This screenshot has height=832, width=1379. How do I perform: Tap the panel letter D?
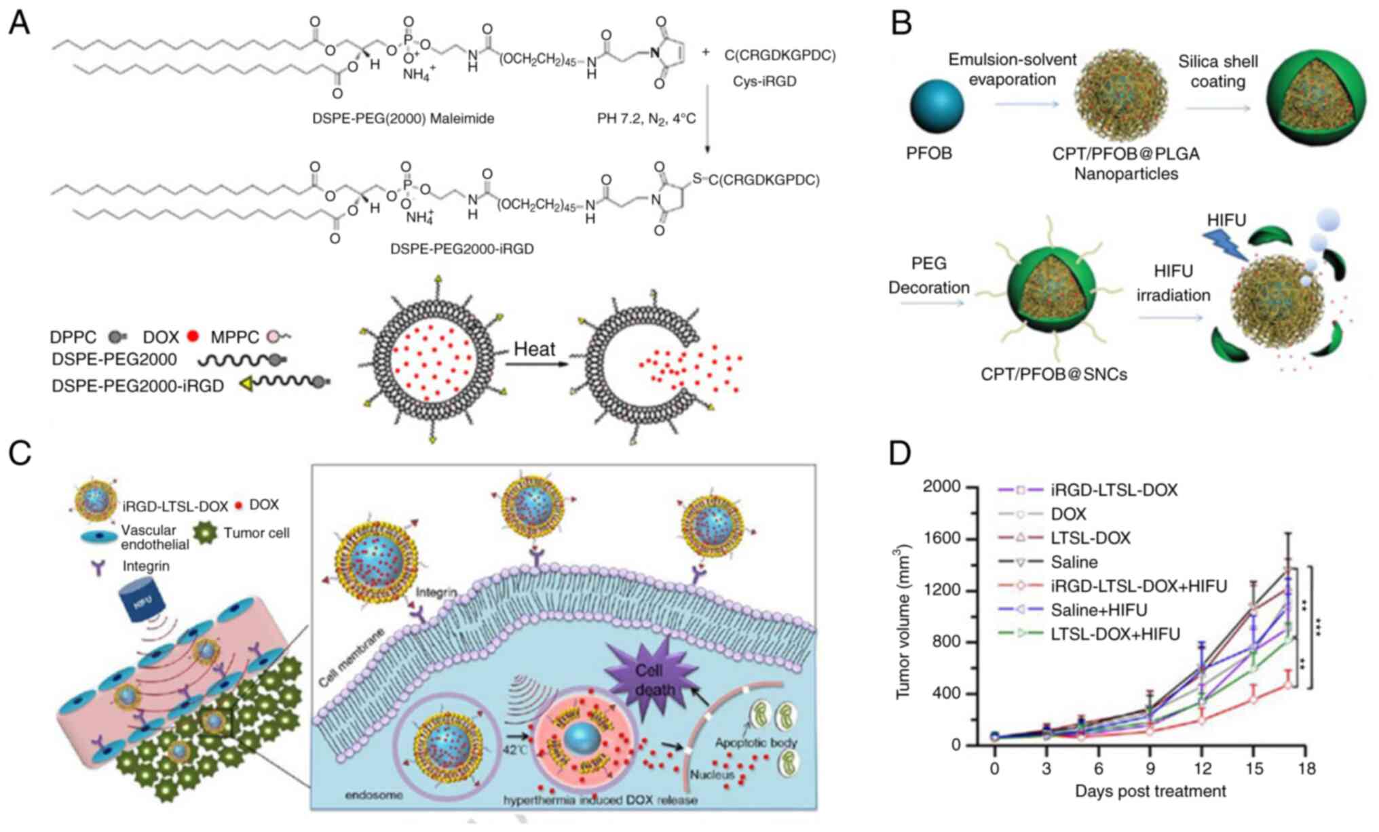point(900,453)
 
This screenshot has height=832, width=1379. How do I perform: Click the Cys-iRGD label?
point(764,81)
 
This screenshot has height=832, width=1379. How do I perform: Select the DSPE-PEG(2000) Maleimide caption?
point(403,119)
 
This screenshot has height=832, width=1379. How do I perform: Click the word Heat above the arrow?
point(534,349)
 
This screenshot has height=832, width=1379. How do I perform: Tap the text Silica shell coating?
point(1217,71)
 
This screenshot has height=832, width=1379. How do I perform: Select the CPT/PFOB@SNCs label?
point(1053,374)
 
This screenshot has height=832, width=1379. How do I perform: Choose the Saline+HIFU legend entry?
point(1099,610)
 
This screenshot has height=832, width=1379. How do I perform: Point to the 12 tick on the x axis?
point(1202,769)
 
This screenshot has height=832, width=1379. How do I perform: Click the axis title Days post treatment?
point(1150,791)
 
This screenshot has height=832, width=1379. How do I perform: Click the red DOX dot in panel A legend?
point(193,336)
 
